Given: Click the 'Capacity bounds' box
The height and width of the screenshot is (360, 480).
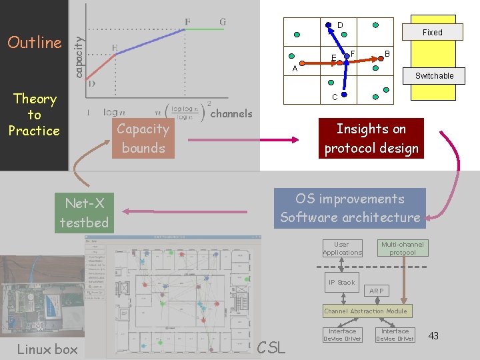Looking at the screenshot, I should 143,139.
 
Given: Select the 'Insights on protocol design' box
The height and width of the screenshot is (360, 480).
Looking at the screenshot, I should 371,138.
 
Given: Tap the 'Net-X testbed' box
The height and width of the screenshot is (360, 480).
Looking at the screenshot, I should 84,213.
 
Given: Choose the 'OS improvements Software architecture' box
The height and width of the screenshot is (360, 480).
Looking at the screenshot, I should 350,208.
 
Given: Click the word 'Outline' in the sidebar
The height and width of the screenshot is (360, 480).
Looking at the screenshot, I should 34,43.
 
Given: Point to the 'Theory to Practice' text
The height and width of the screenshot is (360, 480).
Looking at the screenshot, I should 34,115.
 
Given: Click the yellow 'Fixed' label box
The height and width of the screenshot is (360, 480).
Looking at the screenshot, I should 432,32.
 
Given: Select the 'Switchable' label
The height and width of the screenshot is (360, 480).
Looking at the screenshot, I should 434,76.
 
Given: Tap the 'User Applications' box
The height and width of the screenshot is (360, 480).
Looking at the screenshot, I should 342,249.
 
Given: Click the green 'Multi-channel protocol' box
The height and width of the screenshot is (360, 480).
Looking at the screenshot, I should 403,249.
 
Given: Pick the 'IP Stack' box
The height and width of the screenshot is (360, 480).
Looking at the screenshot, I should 342,282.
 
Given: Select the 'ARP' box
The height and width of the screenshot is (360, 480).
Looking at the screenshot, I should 377,291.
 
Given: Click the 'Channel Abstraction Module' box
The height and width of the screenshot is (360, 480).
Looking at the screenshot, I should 365,311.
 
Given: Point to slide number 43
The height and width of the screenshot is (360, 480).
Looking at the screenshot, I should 433,335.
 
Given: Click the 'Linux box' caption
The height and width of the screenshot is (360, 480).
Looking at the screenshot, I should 47,349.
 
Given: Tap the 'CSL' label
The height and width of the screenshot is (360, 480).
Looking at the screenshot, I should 271,347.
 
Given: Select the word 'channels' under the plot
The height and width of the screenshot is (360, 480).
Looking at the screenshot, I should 231,114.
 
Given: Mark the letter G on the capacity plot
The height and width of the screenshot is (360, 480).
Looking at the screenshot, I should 223,21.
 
